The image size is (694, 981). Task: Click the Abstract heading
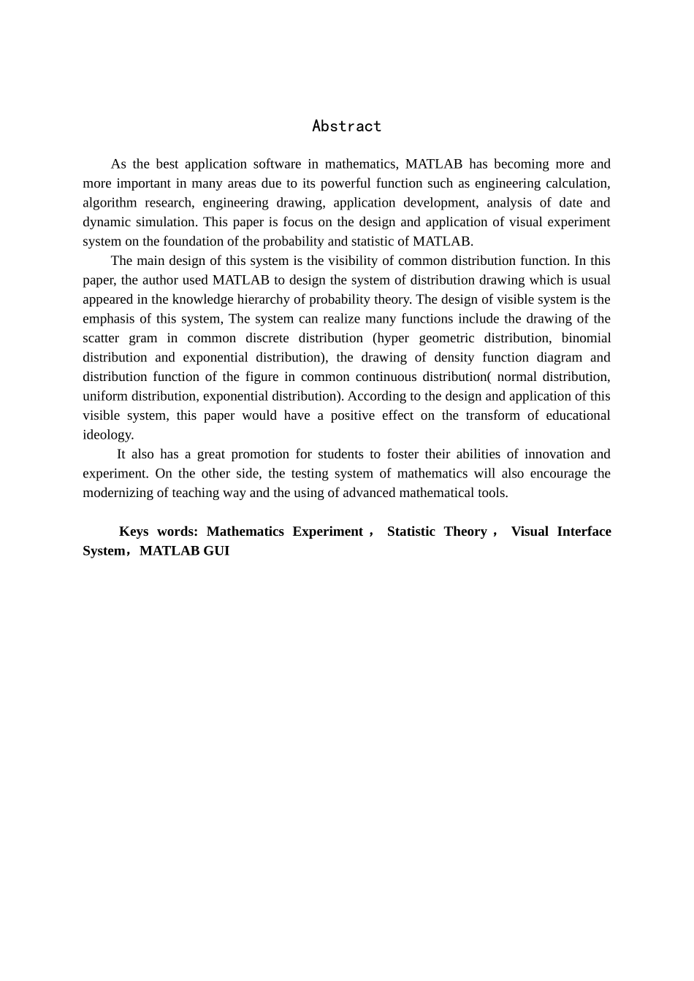pos(346,126)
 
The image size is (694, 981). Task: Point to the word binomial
pos(586,338)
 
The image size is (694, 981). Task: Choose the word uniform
pos(104,396)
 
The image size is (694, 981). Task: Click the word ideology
pos(107,434)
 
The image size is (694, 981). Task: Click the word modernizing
pos(126,493)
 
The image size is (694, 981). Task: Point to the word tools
pos(492,493)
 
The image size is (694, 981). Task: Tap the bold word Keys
pos(134,531)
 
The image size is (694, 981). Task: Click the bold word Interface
pos(584,531)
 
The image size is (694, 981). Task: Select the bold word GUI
pos(216,550)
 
